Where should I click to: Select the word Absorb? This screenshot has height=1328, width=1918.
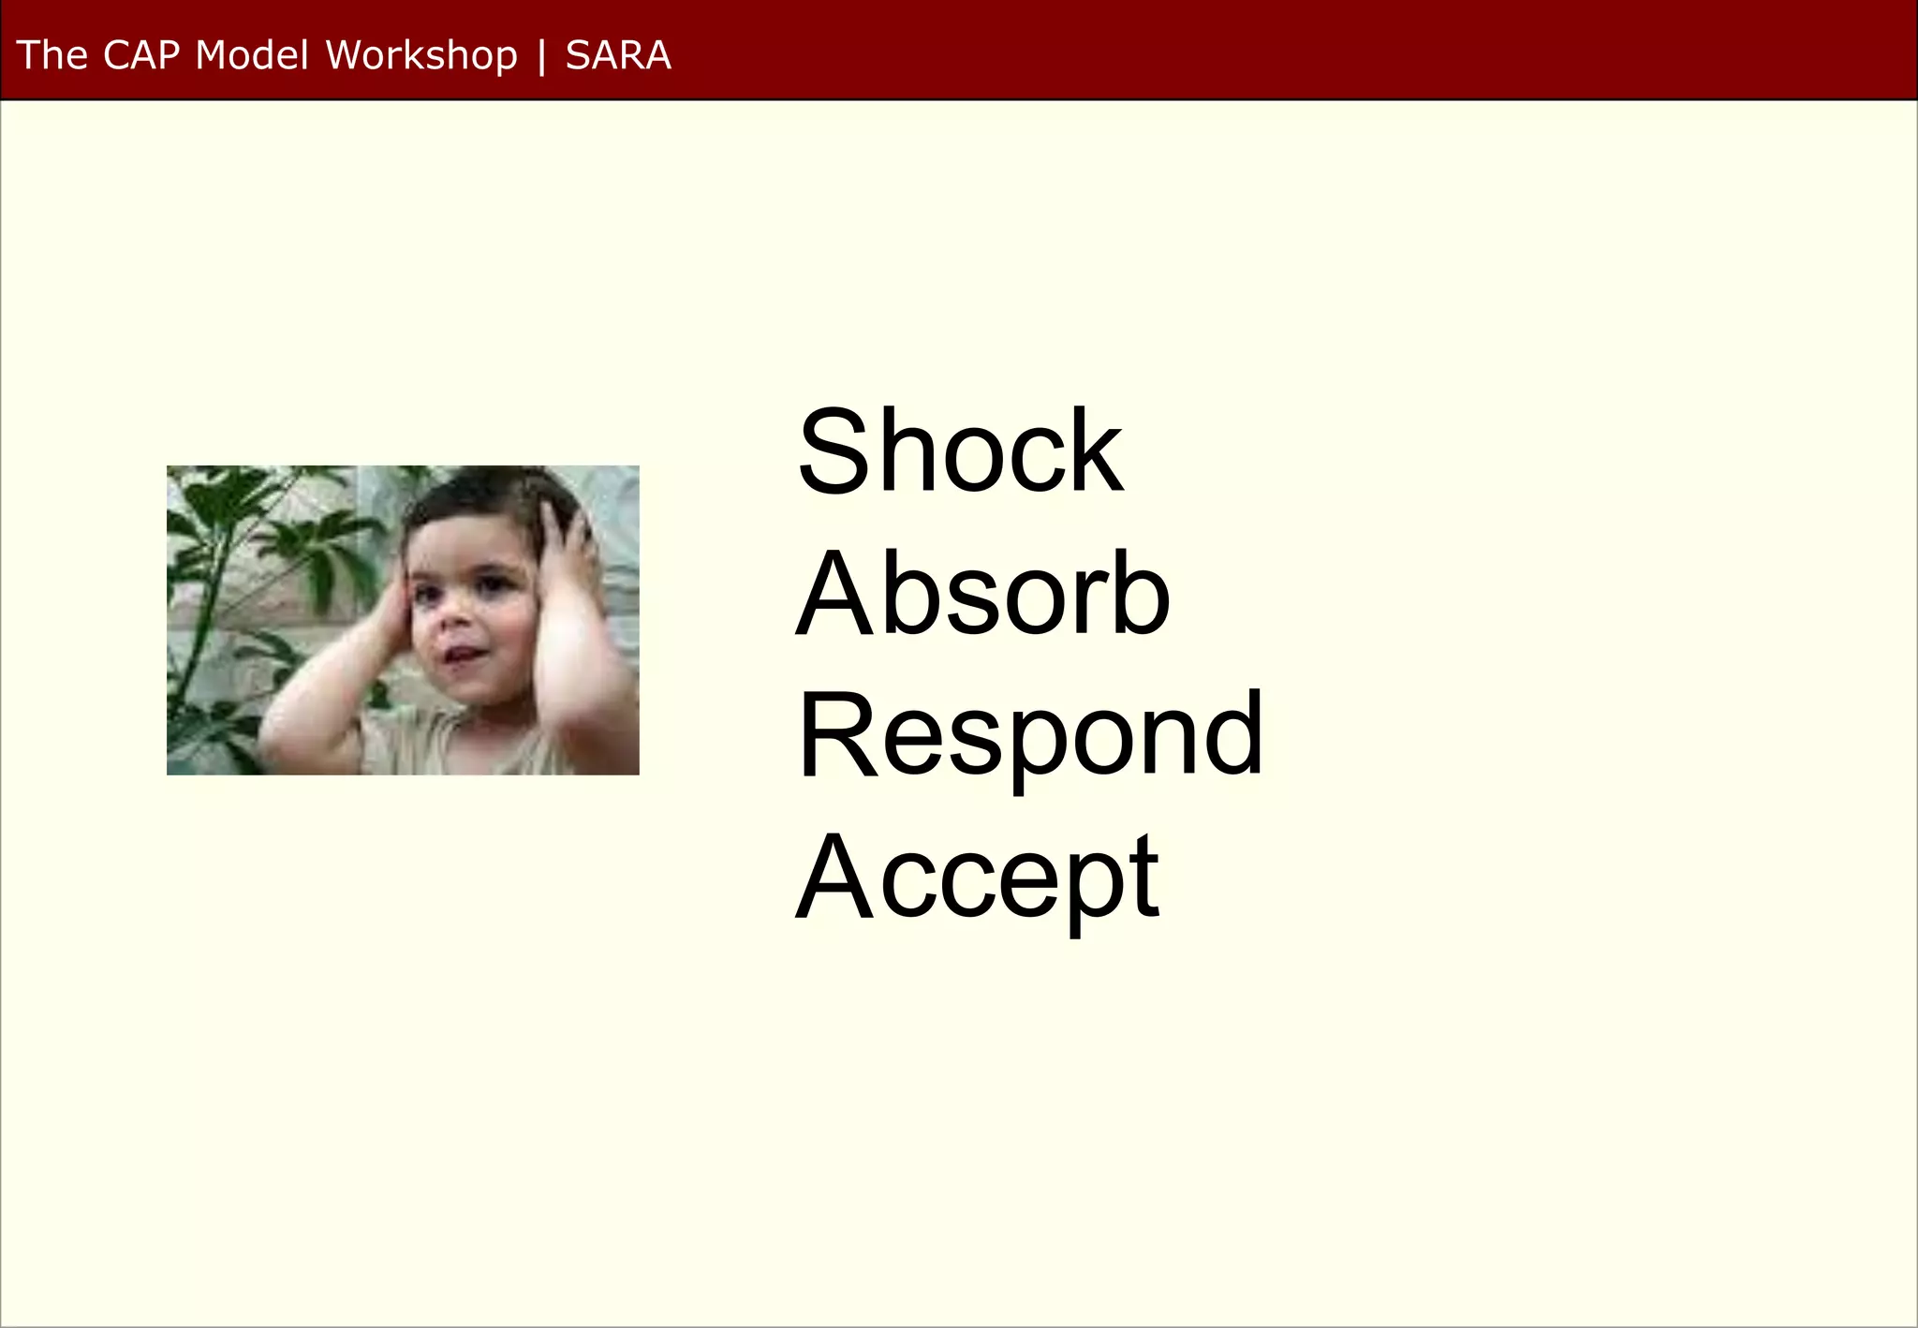[x=982, y=593]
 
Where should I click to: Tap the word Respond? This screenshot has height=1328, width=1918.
[x=1030, y=735]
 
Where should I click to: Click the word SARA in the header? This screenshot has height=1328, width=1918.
[x=618, y=55]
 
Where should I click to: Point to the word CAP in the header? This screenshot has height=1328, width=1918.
[x=140, y=55]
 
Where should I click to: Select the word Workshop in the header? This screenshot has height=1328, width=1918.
[x=421, y=55]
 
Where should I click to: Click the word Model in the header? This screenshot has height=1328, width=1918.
[x=251, y=55]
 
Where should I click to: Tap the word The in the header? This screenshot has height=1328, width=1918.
[x=52, y=55]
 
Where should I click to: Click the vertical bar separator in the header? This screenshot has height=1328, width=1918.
[x=541, y=56]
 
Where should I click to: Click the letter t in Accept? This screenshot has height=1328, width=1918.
[x=1144, y=878]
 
